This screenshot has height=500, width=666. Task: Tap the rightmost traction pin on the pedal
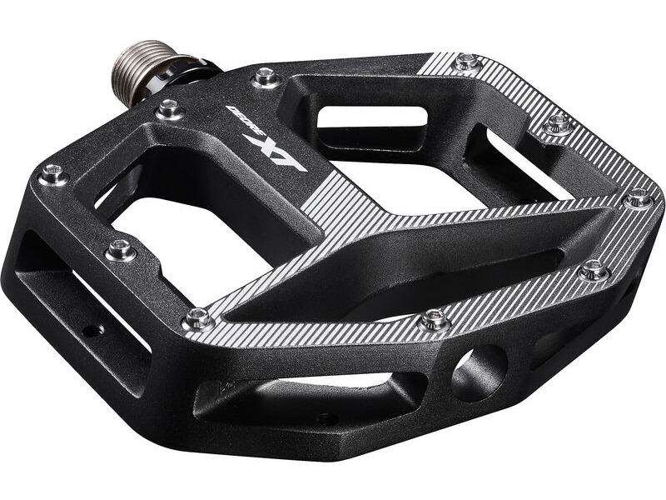click(x=639, y=198)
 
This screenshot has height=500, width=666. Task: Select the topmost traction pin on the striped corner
click(x=467, y=62)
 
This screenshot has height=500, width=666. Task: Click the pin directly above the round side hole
click(x=434, y=319)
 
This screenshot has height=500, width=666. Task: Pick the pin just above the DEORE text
click(x=266, y=77)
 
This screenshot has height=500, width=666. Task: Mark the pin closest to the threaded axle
click(x=169, y=108)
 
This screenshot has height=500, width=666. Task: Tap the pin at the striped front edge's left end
click(x=198, y=317)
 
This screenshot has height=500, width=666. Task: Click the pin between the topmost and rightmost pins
click(x=557, y=125)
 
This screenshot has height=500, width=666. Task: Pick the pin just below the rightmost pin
click(x=593, y=269)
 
